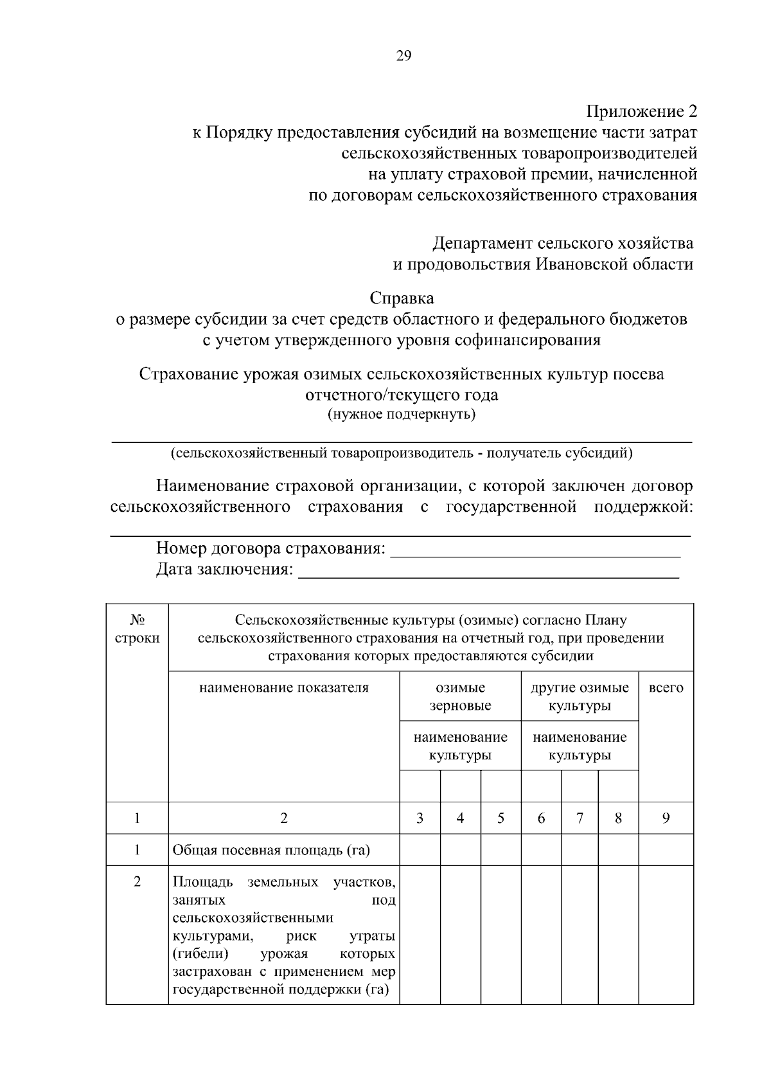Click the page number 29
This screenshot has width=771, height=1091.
pyautogui.click(x=403, y=56)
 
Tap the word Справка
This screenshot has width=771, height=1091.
pyautogui.click(x=402, y=298)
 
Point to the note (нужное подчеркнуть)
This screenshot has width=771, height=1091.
pyautogui.click(x=402, y=414)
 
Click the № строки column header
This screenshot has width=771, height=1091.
pyautogui.click(x=137, y=629)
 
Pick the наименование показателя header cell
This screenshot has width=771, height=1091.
pyautogui.click(x=283, y=688)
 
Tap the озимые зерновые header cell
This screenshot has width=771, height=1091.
pyautogui.click(x=460, y=696)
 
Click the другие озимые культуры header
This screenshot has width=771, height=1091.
pyautogui.click(x=579, y=696)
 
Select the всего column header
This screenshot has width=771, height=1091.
pyautogui.click(x=666, y=688)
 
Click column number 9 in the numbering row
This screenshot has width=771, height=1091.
pyautogui.click(x=666, y=818)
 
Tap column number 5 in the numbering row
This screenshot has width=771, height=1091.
pyautogui.click(x=501, y=818)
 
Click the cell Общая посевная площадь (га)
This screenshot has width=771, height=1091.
pyautogui.click(x=271, y=851)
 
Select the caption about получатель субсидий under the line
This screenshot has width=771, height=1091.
pyautogui.click(x=402, y=453)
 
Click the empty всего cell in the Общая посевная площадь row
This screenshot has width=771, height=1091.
pyautogui.click(x=666, y=850)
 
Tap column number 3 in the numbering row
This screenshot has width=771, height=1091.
pyautogui.click(x=420, y=818)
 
